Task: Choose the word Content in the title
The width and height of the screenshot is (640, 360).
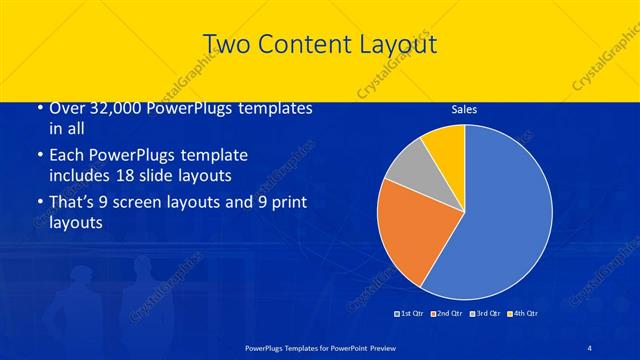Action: [300, 44]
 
